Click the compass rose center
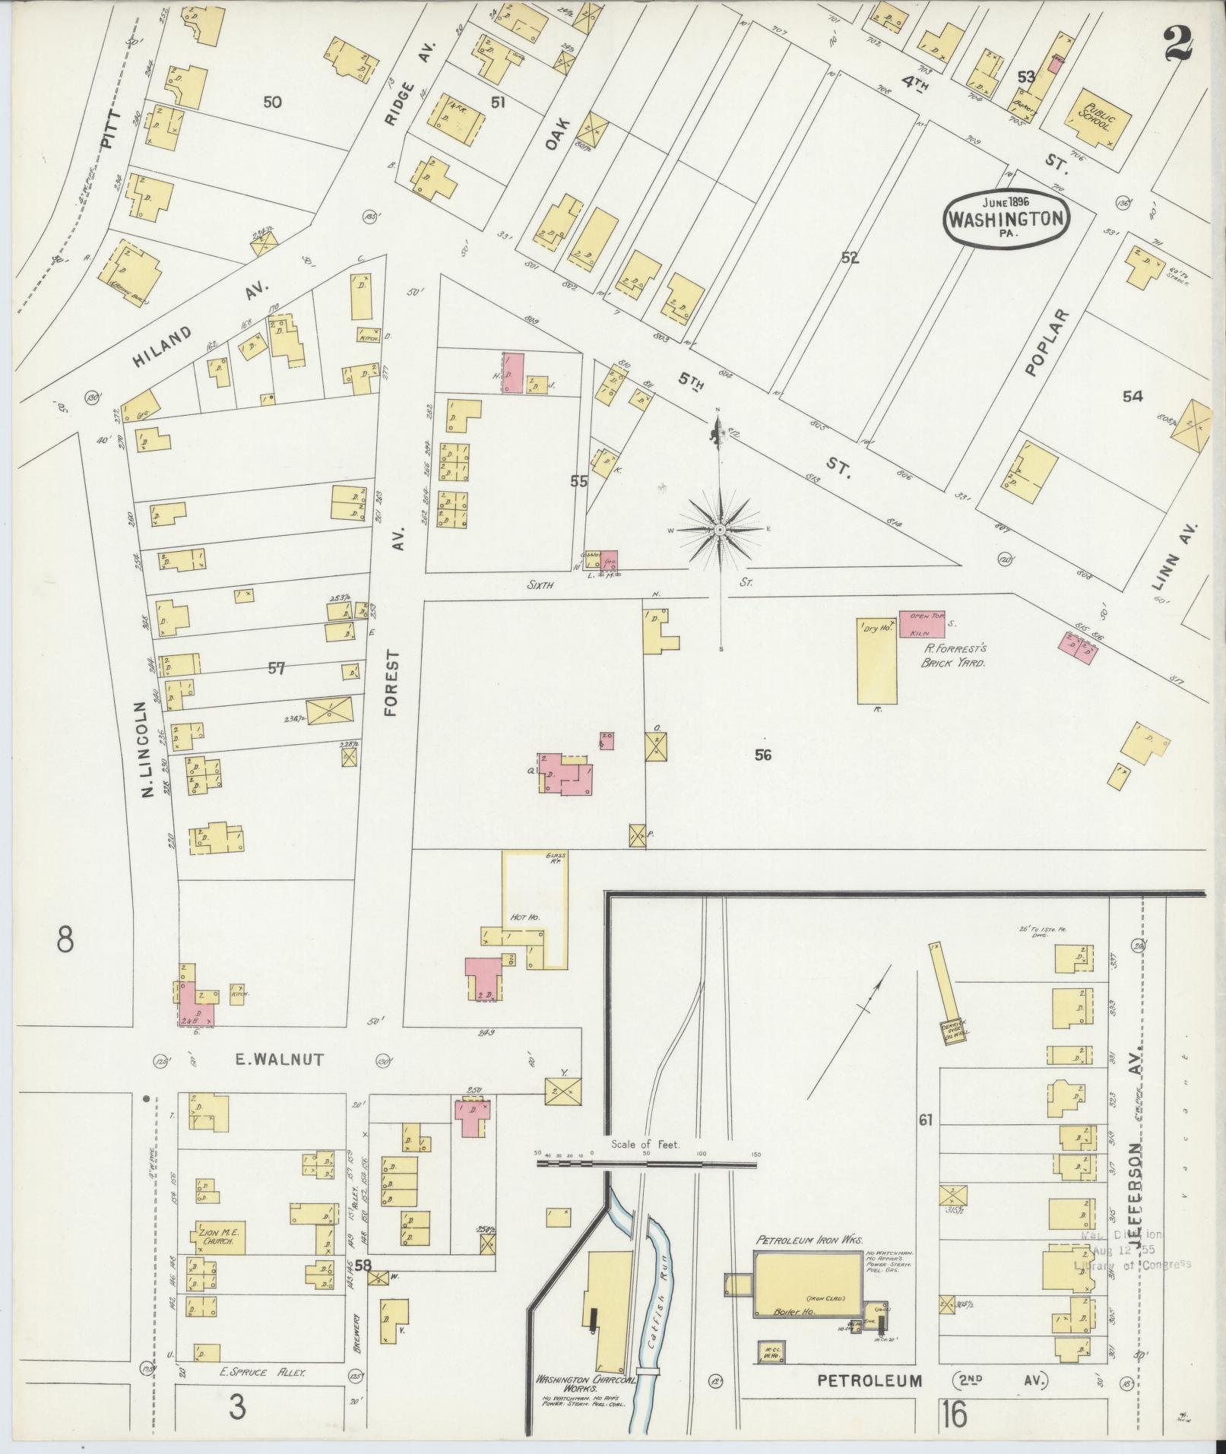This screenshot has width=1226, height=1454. (719, 529)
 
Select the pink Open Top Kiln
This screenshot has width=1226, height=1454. (922, 624)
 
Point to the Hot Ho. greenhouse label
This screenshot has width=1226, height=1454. (524, 918)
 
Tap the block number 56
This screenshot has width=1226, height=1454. (763, 755)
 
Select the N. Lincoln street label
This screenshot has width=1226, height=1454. (147, 749)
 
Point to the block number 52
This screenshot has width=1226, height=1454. (850, 258)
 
